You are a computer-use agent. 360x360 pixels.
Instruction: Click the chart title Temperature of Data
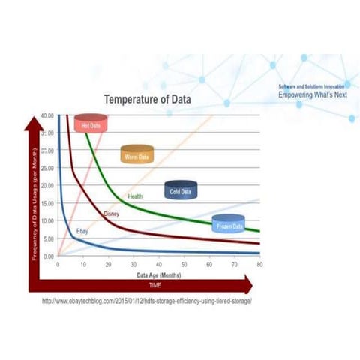tap(147, 99)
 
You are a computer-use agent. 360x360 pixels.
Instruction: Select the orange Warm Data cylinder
tap(137, 154)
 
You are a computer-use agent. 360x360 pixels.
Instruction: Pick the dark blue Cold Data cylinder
tap(180, 190)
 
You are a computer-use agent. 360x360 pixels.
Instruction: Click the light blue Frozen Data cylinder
tap(228, 223)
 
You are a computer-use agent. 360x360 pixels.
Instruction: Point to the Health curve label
tap(135, 196)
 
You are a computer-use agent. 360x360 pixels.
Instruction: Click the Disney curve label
tap(111, 214)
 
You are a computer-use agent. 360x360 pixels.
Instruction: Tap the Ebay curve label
tap(82, 232)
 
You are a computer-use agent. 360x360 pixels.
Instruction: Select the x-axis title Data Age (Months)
tap(158, 274)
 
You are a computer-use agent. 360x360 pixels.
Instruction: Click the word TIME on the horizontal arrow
tap(154, 286)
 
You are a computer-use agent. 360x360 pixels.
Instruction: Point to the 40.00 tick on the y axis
tap(47, 115)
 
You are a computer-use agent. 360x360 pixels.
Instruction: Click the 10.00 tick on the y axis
tap(47, 220)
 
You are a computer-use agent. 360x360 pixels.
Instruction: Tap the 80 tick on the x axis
tap(259, 264)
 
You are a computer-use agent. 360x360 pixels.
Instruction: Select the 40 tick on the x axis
tap(159, 264)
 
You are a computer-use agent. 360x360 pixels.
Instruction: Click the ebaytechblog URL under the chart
tap(148, 301)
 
